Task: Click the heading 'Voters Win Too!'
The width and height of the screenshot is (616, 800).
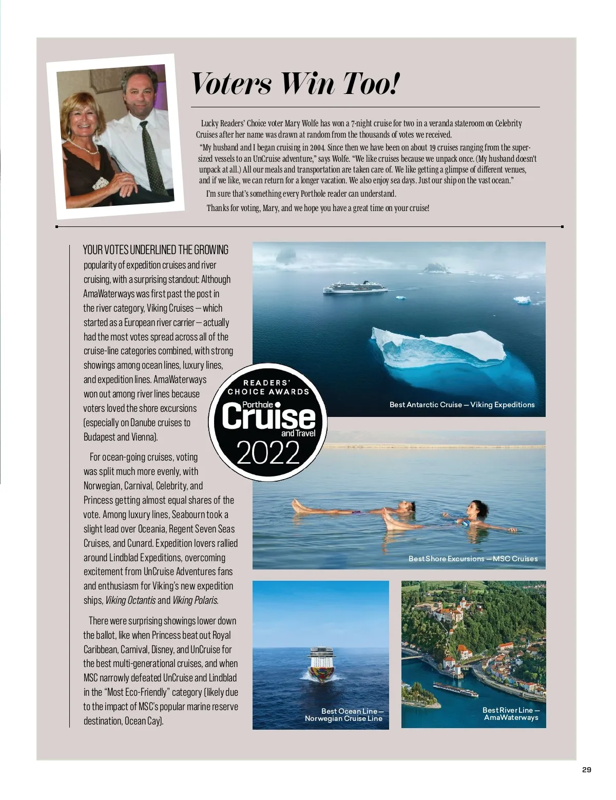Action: (295, 83)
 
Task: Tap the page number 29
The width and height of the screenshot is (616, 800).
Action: (587, 770)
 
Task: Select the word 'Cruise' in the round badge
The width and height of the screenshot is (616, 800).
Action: (268, 416)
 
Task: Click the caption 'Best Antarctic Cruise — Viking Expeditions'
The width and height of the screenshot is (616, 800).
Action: (462, 405)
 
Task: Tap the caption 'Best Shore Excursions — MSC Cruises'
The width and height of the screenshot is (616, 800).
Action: (473, 558)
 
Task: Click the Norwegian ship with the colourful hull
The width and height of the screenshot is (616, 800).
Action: (321, 664)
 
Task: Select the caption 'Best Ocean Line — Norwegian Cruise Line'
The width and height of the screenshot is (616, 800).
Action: (343, 715)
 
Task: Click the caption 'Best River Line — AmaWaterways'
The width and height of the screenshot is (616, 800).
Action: (511, 714)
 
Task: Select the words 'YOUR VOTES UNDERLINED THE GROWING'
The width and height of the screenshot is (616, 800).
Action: (156, 250)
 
